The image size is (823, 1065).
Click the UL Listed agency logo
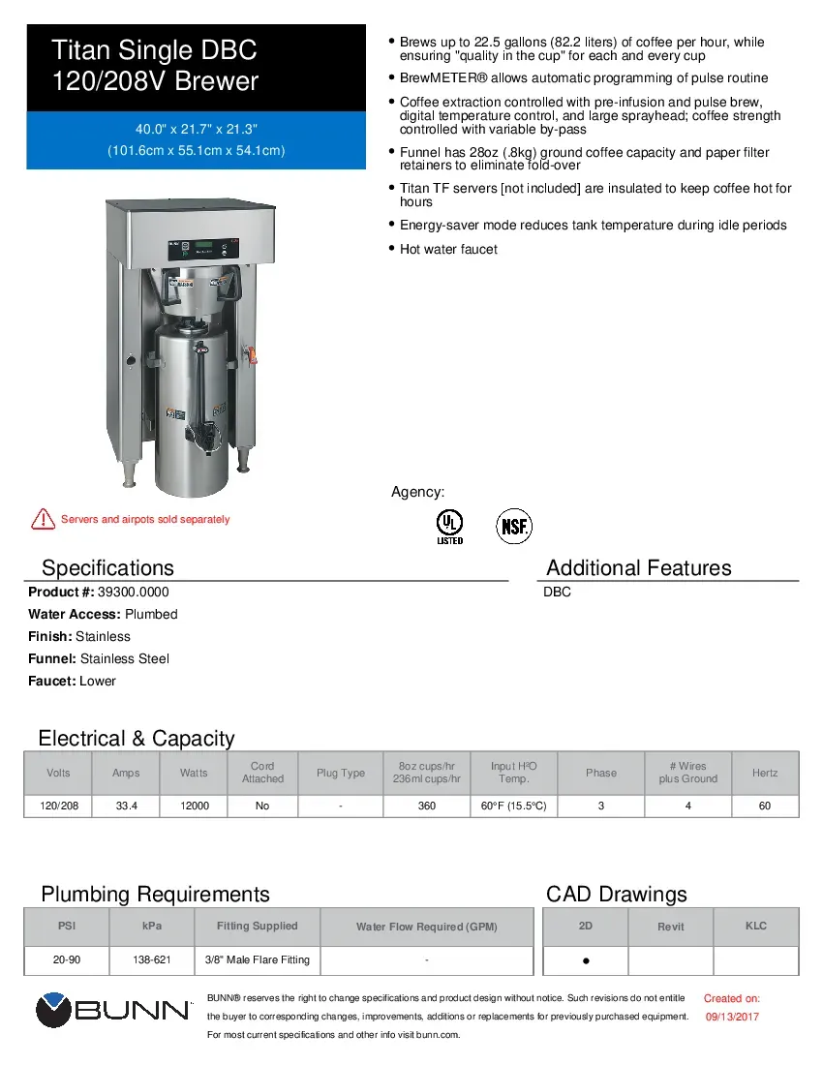click(x=449, y=526)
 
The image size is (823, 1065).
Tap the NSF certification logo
click(x=514, y=527)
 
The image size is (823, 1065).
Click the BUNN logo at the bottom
click(x=113, y=1011)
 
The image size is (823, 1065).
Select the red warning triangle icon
click(x=43, y=519)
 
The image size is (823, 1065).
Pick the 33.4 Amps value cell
click(x=126, y=806)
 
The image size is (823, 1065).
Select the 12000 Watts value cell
click(x=194, y=806)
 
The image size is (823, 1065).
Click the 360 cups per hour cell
click(x=426, y=806)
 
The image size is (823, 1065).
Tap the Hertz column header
click(x=765, y=773)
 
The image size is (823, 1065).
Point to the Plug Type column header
click(x=341, y=773)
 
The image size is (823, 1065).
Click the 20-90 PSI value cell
click(x=67, y=959)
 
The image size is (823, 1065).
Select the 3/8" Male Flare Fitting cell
click(x=258, y=959)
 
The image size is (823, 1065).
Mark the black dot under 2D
click(x=587, y=961)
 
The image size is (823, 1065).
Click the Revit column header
click(x=671, y=927)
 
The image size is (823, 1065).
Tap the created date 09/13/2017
click(x=732, y=1017)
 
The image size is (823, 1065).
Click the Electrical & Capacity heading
click(x=137, y=739)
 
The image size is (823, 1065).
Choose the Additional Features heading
click(x=639, y=567)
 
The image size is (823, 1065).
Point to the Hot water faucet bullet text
click(x=448, y=249)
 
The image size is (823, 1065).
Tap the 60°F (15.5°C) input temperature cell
click(x=513, y=806)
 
